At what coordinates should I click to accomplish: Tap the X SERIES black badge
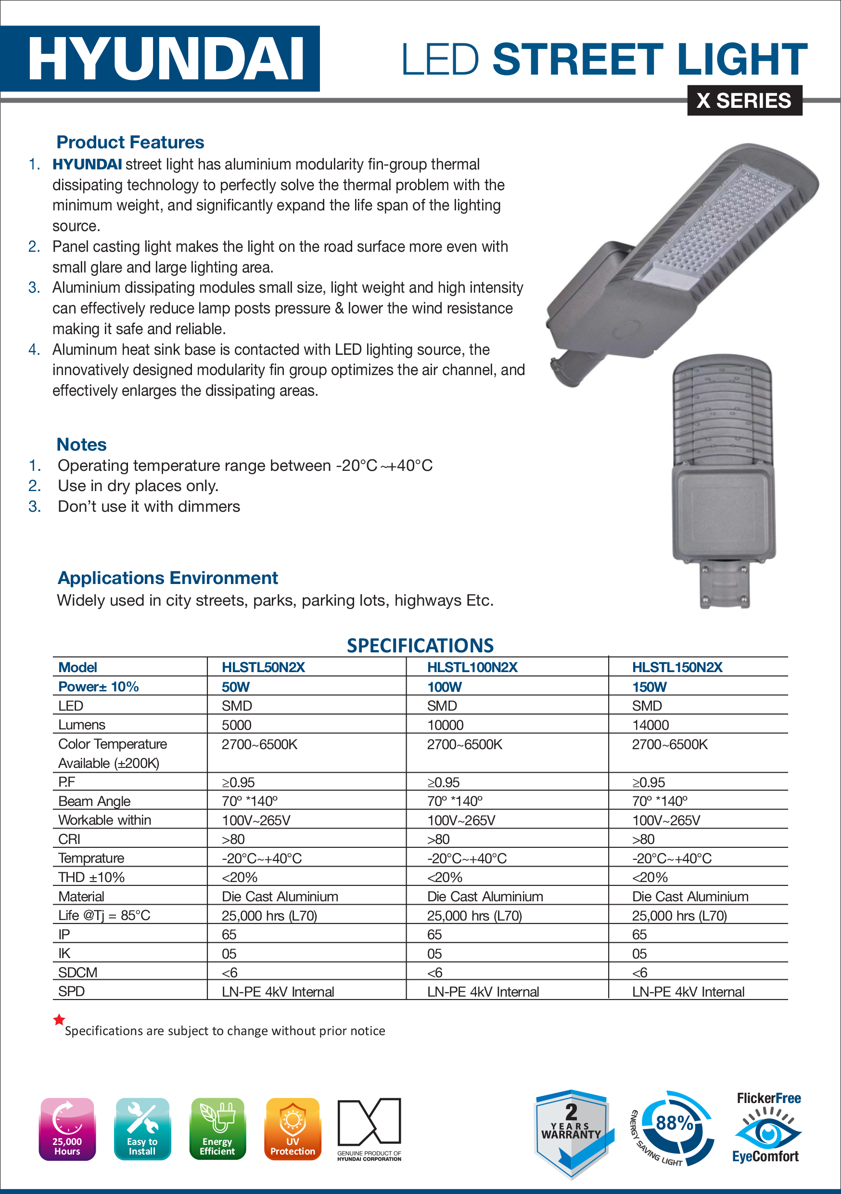click(x=744, y=100)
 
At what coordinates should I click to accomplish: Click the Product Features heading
click(x=130, y=142)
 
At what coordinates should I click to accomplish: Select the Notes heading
click(x=81, y=445)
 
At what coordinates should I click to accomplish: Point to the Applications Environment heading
click(x=167, y=578)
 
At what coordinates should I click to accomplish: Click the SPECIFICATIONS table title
click(x=420, y=645)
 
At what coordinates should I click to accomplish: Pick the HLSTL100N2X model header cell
click(x=472, y=667)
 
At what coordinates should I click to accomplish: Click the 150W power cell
click(x=649, y=687)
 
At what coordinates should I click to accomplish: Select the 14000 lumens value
click(x=650, y=725)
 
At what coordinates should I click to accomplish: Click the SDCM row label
click(x=77, y=973)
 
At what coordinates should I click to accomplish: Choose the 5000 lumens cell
click(x=237, y=725)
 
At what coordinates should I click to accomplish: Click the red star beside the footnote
click(x=59, y=1020)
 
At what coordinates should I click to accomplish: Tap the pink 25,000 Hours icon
click(x=67, y=1129)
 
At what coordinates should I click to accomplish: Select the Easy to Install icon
click(x=142, y=1129)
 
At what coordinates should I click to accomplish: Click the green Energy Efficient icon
click(x=217, y=1129)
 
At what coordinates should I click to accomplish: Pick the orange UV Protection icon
click(x=293, y=1129)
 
